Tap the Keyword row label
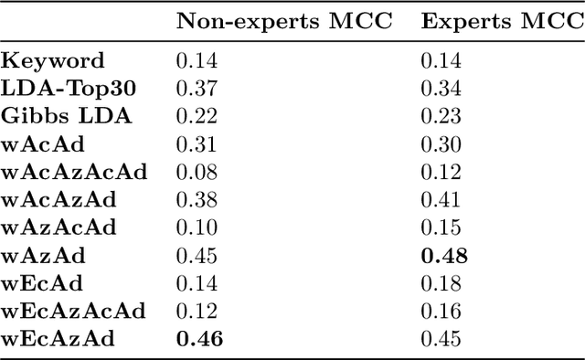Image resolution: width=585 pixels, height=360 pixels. click(x=53, y=62)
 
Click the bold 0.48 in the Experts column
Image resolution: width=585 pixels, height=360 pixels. click(x=444, y=256)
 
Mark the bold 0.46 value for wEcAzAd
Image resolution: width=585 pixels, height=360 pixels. click(x=199, y=338)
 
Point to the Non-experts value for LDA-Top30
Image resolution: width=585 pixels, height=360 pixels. click(x=196, y=90)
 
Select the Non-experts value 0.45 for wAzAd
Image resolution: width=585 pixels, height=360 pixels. click(x=196, y=256)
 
